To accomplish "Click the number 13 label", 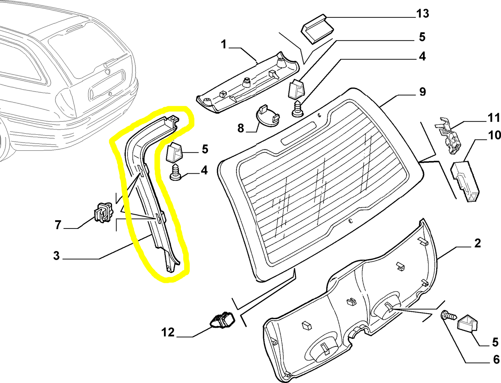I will (422, 14).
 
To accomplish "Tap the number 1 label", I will (223, 44).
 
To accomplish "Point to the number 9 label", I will (422, 92).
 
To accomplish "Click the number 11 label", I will (494, 118).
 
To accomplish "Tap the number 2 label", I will (477, 243).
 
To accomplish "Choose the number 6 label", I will (496, 359).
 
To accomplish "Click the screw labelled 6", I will (448, 316).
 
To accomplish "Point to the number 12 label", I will (168, 332).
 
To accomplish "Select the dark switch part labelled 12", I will (222, 320).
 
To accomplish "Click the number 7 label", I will (58, 225).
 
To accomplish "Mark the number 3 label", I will (57, 256).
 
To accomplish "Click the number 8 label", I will (241, 128).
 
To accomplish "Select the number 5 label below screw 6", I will (495, 342).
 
